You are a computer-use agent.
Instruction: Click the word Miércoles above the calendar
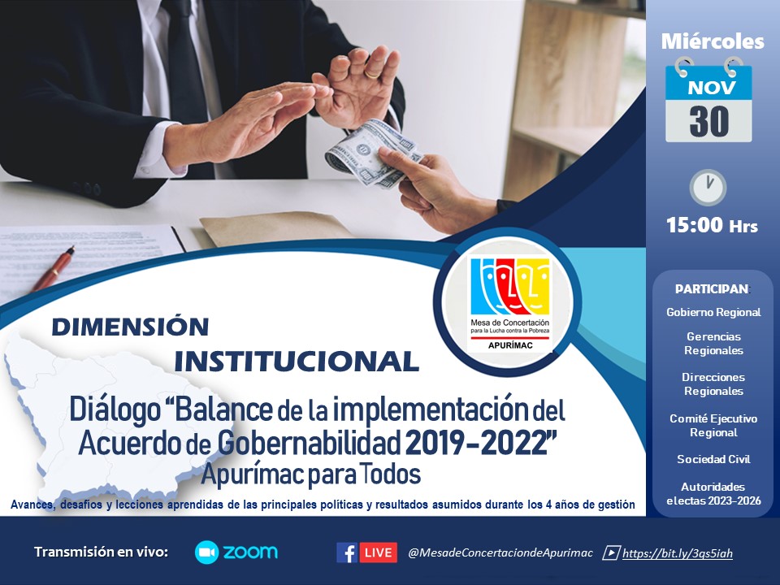(713, 41)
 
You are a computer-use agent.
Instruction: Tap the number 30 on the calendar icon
(708, 121)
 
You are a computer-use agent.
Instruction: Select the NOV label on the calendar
(712, 88)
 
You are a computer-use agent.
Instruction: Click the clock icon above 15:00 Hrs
(708, 188)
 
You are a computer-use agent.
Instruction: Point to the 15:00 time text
(694, 225)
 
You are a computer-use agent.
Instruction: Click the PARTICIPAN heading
(712, 289)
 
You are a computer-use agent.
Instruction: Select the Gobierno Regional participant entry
(713, 312)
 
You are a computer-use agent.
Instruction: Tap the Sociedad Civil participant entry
(713, 459)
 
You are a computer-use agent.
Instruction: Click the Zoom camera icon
(206, 552)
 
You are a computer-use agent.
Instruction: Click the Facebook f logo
(346, 552)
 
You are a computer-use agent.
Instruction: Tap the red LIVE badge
(378, 552)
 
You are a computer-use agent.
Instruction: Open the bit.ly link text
(677, 553)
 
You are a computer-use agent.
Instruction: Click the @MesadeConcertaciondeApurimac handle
(500, 553)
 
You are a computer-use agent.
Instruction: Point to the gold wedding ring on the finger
(371, 74)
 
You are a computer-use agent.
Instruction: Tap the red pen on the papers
(54, 269)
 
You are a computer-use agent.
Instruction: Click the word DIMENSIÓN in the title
(130, 327)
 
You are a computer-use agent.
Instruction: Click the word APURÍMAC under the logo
(510, 345)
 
